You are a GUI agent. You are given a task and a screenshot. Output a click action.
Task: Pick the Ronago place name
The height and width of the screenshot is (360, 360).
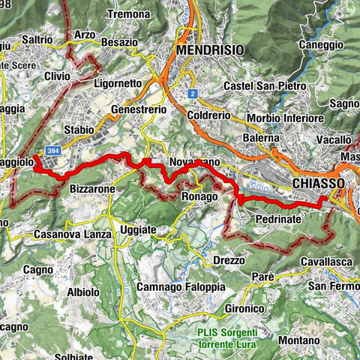pos(199,196)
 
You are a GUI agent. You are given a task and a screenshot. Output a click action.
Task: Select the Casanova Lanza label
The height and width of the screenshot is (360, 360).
pos(73,235)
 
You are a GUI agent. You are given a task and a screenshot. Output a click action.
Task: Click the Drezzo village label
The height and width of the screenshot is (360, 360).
pos(229,259)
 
